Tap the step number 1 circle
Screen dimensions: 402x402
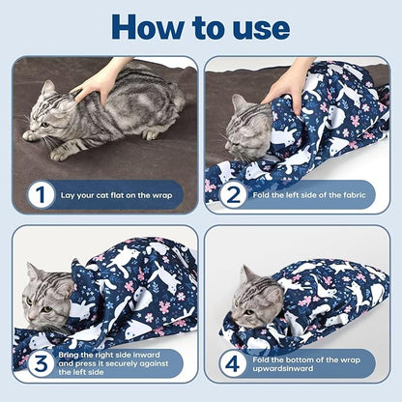click(x=40, y=194)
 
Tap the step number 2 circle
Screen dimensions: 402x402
click(x=232, y=194)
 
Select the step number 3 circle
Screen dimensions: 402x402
click(x=40, y=364)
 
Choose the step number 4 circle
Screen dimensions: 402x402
click(x=232, y=364)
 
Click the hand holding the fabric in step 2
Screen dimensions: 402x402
click(x=290, y=83)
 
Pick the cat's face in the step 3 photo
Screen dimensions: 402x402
click(x=48, y=295)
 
